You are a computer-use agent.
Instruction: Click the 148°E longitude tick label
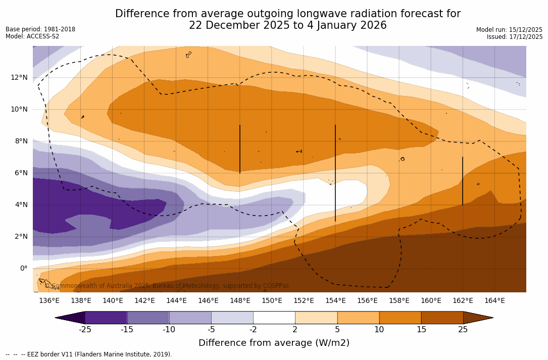tap(240, 301)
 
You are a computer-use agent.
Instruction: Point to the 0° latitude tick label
tap(23, 268)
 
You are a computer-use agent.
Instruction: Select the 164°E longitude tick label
tap(494, 301)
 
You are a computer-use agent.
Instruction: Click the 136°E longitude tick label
tap(49, 301)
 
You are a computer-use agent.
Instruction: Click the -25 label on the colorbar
tap(85, 330)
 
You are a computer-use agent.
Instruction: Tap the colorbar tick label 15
tap(421, 330)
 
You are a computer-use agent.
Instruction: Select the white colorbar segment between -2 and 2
tap(274, 318)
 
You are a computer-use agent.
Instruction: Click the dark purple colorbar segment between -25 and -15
tap(106, 318)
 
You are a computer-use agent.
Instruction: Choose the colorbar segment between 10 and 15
tap(400, 318)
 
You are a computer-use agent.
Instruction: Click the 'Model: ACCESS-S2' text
tap(32, 36)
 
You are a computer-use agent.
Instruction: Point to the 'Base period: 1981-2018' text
tap(40, 29)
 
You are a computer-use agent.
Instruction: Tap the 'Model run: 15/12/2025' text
tap(509, 30)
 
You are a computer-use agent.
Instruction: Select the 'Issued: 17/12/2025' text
tap(515, 37)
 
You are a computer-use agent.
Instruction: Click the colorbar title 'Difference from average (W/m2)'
tap(274, 343)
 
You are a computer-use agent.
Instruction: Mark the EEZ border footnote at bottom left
tap(89, 354)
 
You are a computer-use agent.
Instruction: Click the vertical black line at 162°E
tap(463, 181)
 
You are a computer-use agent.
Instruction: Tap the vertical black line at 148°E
tap(240, 149)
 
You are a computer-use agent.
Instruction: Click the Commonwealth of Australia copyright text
tap(167, 286)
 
